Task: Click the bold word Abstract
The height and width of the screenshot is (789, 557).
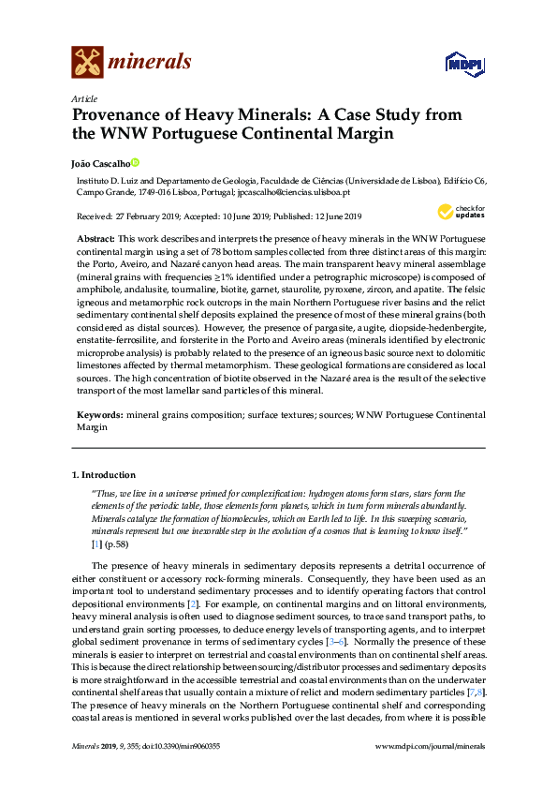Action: click(x=95, y=240)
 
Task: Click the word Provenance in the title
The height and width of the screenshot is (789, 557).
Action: click(x=122, y=114)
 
